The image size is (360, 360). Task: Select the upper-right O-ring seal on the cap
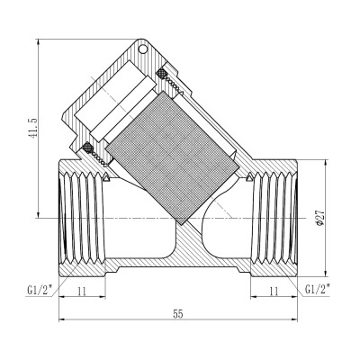pos(163,73)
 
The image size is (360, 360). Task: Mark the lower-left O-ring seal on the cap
pos(87,148)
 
